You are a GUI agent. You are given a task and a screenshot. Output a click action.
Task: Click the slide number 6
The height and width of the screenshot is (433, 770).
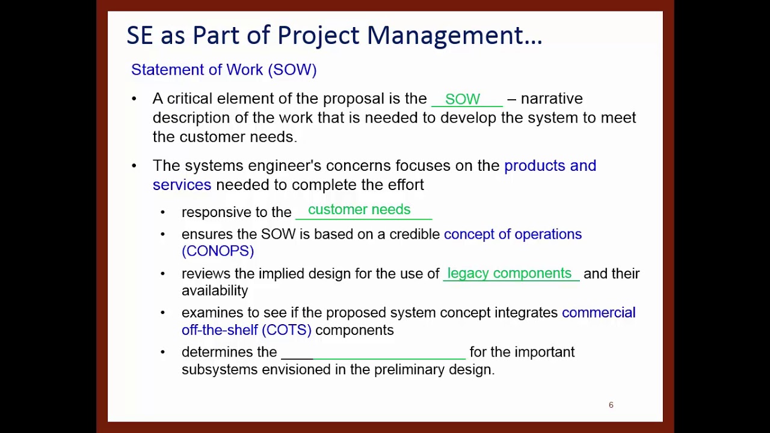(611, 405)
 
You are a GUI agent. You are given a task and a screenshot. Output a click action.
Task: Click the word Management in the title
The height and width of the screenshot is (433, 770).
(454, 35)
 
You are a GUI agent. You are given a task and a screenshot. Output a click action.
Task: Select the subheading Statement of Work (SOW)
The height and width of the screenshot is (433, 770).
(224, 70)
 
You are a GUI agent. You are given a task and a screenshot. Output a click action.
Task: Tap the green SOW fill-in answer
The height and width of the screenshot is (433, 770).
(462, 99)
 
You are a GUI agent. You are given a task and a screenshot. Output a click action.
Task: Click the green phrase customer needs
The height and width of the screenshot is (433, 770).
(359, 210)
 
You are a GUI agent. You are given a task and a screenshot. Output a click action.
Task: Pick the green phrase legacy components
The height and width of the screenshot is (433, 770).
(510, 274)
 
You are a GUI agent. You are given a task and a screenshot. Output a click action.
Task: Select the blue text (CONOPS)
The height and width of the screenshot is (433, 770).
(218, 251)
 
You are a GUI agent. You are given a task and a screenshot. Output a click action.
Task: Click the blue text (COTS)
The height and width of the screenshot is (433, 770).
(286, 330)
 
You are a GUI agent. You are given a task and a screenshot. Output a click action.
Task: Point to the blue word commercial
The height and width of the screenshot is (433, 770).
(599, 313)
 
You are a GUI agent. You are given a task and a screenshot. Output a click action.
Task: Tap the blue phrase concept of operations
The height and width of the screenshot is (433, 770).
(513, 235)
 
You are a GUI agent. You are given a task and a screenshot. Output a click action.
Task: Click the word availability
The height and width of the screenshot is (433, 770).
(215, 291)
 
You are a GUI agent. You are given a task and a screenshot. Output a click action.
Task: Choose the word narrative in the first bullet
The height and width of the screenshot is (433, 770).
(552, 99)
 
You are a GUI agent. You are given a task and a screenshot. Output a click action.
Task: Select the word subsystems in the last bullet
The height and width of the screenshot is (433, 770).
(220, 370)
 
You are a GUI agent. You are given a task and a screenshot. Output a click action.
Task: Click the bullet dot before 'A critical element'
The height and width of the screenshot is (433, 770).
(134, 99)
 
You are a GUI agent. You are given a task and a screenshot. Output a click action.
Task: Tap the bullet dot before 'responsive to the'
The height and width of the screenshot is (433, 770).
(162, 212)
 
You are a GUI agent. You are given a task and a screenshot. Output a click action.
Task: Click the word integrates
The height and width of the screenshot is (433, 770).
(526, 313)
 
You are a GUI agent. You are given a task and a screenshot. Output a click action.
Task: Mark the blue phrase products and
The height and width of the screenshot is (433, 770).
(550, 166)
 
